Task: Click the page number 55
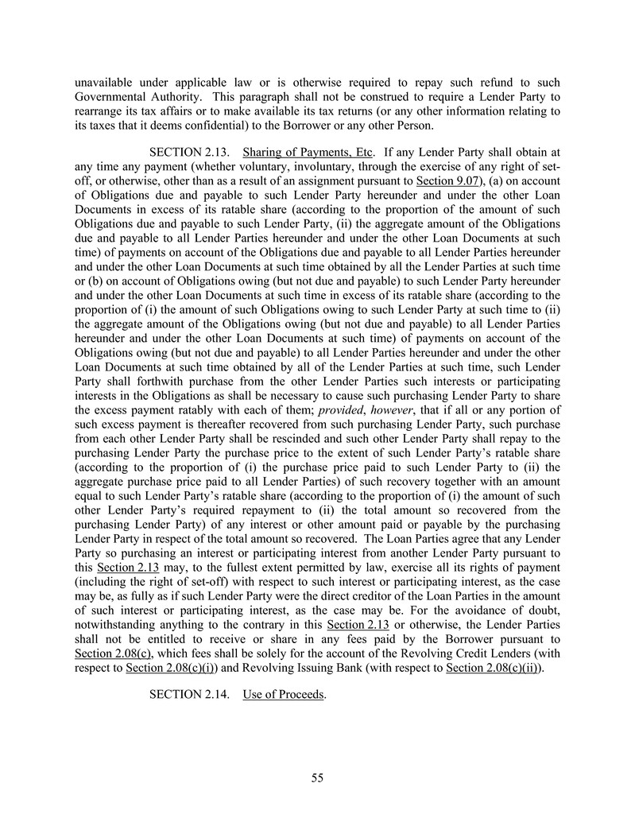(x=317, y=778)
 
